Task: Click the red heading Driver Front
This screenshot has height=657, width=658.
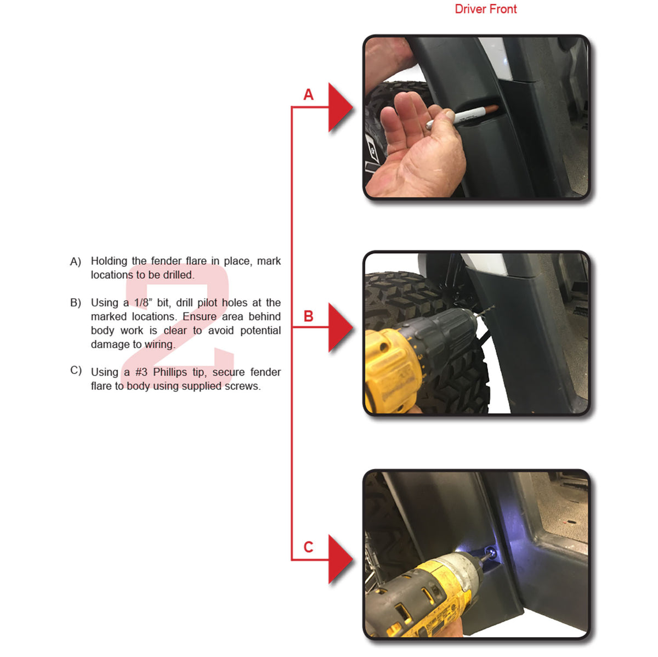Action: coord(485,9)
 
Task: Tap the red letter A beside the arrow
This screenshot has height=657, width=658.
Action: coord(308,94)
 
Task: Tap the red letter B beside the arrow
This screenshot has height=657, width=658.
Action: coord(308,316)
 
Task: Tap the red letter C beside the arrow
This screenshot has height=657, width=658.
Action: coord(308,547)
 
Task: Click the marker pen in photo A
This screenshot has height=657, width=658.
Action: coord(462,117)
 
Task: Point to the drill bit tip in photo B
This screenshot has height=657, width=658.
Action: coord(493,307)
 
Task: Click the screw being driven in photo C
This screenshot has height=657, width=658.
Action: coord(491,551)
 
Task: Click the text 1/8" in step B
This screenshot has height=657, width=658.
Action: coord(143,303)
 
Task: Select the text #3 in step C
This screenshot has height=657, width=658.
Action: coord(141,372)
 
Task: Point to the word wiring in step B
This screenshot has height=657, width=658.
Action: coord(161,344)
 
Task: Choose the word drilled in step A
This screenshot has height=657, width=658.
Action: coord(179,275)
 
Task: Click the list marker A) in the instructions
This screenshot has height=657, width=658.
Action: coord(76,262)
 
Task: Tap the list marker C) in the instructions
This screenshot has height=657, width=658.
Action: coord(76,370)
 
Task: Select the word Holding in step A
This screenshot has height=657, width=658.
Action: coord(109,262)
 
